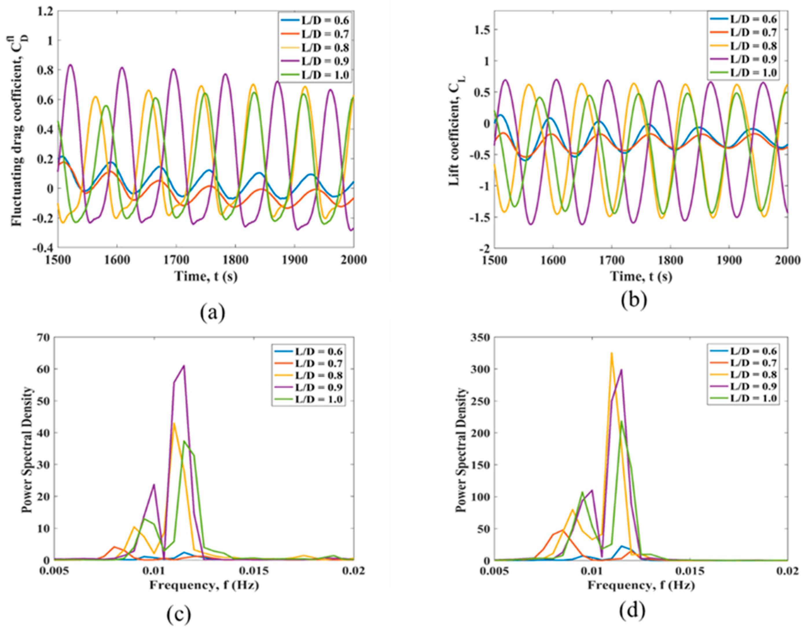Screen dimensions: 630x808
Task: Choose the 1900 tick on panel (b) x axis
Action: pyautogui.click(x=729, y=260)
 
